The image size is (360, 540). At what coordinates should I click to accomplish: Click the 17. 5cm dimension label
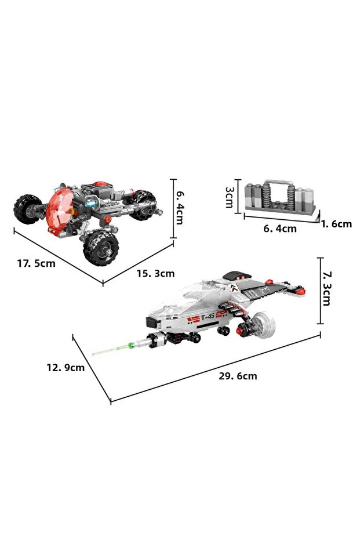[36, 263]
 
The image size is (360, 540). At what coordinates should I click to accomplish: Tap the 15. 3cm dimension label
[155, 273]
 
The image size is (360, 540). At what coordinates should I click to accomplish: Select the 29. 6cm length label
[238, 376]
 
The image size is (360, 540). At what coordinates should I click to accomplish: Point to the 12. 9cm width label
[66, 368]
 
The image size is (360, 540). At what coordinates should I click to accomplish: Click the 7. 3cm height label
[326, 289]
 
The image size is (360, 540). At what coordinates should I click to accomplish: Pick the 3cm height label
[230, 197]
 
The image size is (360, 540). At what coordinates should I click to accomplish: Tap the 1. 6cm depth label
[337, 224]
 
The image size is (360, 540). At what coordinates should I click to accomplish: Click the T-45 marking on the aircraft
[208, 317]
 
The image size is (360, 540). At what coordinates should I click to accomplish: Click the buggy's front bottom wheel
[101, 248]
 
